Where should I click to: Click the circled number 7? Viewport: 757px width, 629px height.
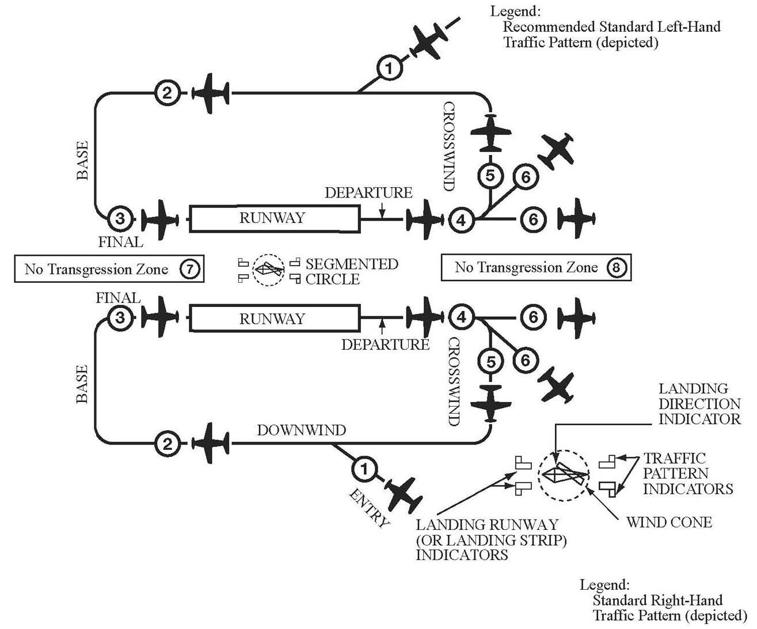[189, 269]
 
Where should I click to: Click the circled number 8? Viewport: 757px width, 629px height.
[617, 267]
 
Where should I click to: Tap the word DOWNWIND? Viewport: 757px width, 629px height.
[301, 430]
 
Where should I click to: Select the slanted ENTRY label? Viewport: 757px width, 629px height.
[370, 508]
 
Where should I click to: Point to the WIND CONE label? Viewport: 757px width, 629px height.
[669, 522]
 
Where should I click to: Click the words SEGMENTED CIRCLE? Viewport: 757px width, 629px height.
[351, 271]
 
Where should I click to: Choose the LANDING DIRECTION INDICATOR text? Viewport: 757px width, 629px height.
[699, 404]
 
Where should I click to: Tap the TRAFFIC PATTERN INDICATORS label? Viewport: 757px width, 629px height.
[687, 473]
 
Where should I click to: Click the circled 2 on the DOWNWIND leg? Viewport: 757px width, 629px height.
[167, 444]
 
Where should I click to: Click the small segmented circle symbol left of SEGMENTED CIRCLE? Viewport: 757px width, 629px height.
[269, 270]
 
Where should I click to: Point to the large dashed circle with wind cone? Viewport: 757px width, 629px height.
[564, 475]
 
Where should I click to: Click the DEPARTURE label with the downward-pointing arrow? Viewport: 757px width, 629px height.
[368, 192]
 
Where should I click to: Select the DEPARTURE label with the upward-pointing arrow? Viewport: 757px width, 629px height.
[385, 344]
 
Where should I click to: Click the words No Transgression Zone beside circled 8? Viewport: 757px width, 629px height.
[526, 267]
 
